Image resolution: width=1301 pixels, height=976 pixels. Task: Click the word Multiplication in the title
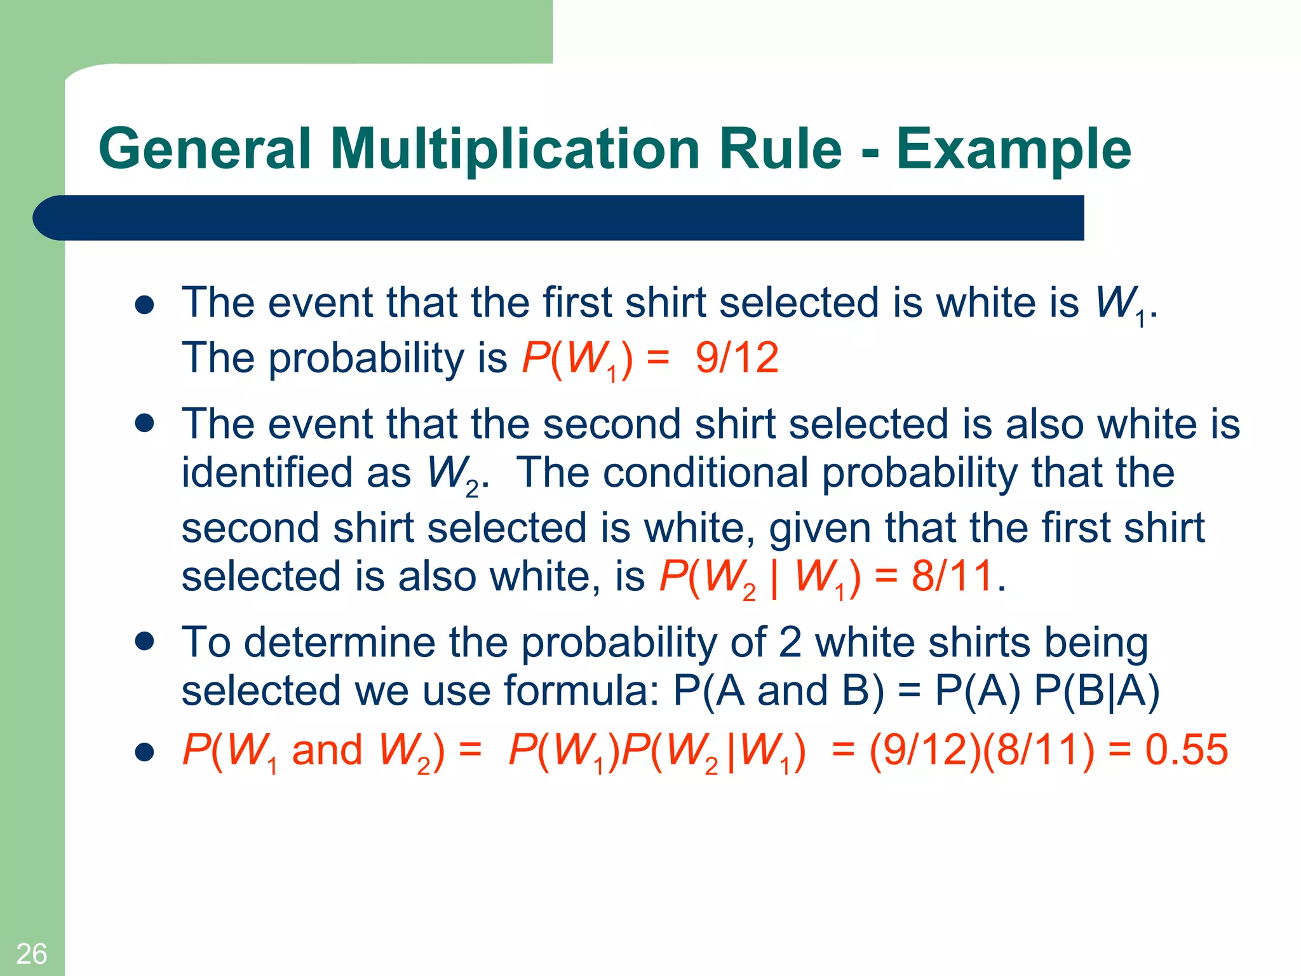pos(515,149)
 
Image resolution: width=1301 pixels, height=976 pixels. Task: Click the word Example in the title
pos(1013,149)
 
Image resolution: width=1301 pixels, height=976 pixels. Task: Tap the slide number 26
pos(31,954)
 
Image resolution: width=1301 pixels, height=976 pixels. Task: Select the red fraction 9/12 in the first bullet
pos(737,358)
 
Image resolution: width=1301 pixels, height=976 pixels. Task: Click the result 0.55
pos(1186,750)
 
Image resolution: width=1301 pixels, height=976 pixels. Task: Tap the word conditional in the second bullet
pos(705,473)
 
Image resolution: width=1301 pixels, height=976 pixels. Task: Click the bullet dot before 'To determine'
pos(145,641)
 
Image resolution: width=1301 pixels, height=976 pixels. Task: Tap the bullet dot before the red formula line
pos(145,752)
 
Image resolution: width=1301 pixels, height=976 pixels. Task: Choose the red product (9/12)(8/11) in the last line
pos(982,750)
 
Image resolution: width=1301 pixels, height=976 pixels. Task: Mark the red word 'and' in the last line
pos(327,750)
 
